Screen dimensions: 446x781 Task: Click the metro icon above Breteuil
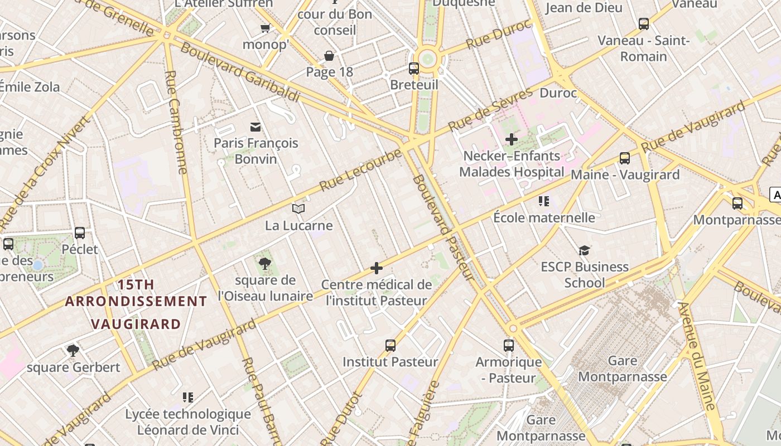click(x=413, y=69)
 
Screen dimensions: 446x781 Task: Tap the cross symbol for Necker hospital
click(x=511, y=139)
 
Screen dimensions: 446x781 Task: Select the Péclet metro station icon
click(x=80, y=233)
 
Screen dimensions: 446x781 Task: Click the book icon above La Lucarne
click(x=298, y=209)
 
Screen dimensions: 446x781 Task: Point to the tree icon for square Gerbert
click(x=73, y=351)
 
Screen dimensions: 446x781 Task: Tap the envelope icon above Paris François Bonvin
click(x=255, y=127)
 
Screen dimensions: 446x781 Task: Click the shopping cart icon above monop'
click(x=265, y=28)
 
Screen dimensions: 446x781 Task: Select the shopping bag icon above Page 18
click(x=329, y=56)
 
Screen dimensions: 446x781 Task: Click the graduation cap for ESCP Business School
click(x=584, y=250)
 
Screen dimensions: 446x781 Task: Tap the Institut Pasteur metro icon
click(x=390, y=346)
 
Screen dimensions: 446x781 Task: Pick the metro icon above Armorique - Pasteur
click(x=508, y=346)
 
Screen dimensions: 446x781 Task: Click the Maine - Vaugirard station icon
click(x=624, y=158)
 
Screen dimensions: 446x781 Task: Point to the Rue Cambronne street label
click(x=176, y=123)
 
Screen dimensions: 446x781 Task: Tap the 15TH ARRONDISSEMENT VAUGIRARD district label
click(x=136, y=304)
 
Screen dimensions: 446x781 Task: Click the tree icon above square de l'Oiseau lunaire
click(x=265, y=264)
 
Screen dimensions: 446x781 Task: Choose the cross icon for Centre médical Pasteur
click(x=377, y=269)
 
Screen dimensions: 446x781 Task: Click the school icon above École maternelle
click(x=544, y=201)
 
